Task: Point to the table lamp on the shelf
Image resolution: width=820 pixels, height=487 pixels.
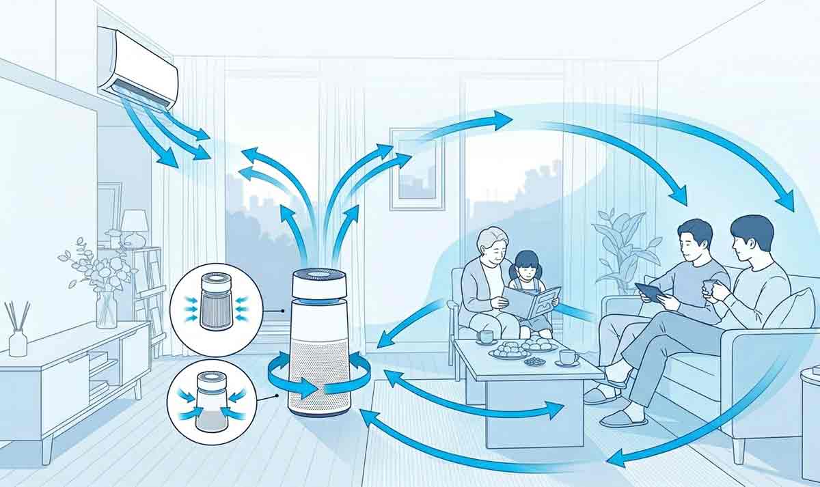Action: tap(135, 226)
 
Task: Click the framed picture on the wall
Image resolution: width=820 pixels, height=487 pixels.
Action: tap(417, 168)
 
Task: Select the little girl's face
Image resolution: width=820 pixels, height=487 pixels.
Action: tap(525, 267)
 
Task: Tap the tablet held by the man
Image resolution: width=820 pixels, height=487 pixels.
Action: tap(650, 292)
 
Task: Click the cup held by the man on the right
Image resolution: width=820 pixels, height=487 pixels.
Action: tap(710, 287)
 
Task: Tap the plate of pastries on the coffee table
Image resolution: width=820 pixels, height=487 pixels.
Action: tap(508, 351)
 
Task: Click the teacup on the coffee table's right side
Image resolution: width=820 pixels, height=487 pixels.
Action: tap(568, 357)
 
